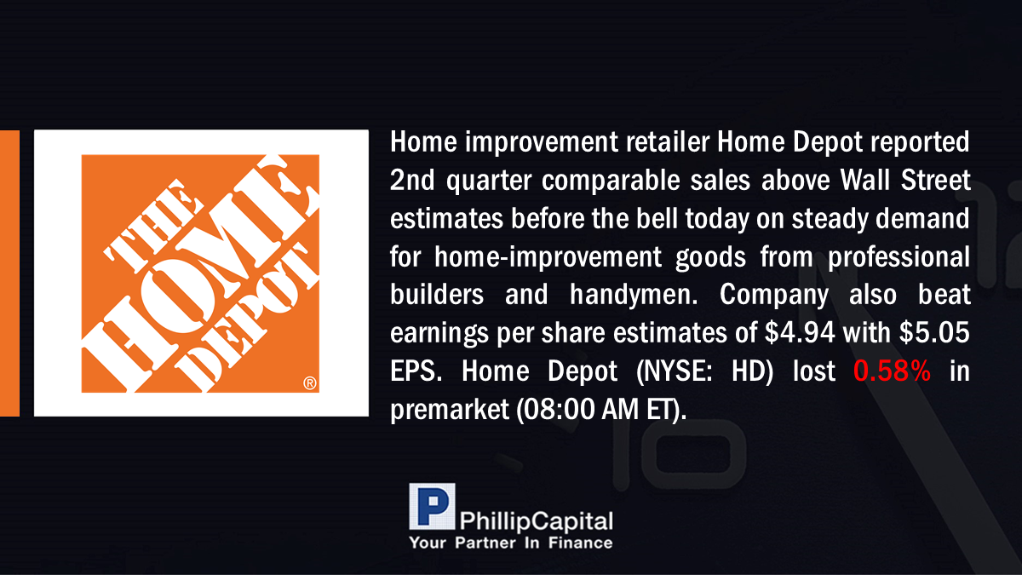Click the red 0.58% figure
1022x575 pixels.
(892, 371)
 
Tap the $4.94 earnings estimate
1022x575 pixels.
(800, 332)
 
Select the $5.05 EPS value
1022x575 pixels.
(934, 332)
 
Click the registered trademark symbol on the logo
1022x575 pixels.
(310, 382)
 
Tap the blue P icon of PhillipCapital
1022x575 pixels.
(432, 507)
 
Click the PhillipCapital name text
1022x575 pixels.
(536, 521)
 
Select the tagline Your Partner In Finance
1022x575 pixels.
(511, 543)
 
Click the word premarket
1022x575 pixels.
(450, 410)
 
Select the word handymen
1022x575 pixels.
(634, 295)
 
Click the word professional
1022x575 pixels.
(899, 257)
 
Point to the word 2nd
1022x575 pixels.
(412, 181)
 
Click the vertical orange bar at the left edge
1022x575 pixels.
(9, 273)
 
